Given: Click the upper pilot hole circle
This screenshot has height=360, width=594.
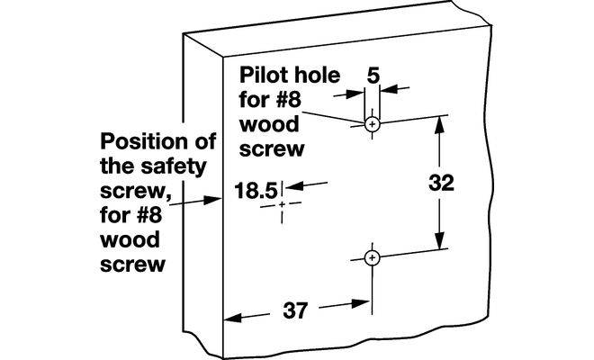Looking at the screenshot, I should click(x=372, y=123).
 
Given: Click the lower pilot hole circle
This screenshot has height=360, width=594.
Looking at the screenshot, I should click(x=372, y=258).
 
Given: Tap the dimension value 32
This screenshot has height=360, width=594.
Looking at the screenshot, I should click(x=439, y=183).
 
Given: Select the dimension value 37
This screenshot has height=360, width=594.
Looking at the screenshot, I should click(x=296, y=312).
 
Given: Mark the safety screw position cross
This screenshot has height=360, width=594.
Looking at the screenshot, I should click(x=283, y=205).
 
